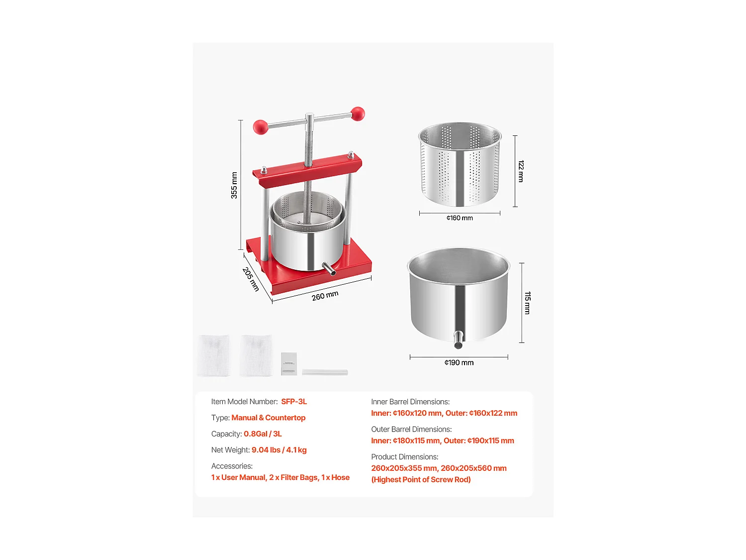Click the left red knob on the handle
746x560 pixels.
click(261, 127)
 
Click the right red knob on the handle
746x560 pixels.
click(358, 114)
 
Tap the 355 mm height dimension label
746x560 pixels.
click(234, 185)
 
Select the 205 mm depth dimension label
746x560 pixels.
click(251, 279)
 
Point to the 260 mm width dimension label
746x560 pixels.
click(325, 296)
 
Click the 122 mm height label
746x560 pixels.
click(521, 171)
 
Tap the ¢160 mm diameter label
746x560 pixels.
click(460, 218)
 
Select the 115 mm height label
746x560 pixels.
click(527, 303)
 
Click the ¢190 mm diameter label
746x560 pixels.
click(459, 363)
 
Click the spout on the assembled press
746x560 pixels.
click(329, 269)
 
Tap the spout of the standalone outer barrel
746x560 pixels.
click(458, 339)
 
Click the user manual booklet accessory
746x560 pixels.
click(288, 364)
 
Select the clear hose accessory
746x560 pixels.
click(325, 372)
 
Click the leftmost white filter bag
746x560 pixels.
click(214, 355)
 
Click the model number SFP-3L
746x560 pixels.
click(294, 402)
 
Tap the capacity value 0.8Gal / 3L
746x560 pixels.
click(263, 434)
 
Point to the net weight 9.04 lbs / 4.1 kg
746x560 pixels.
click(279, 450)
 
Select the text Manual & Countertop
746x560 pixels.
click(268, 418)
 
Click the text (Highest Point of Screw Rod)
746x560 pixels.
click(421, 480)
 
